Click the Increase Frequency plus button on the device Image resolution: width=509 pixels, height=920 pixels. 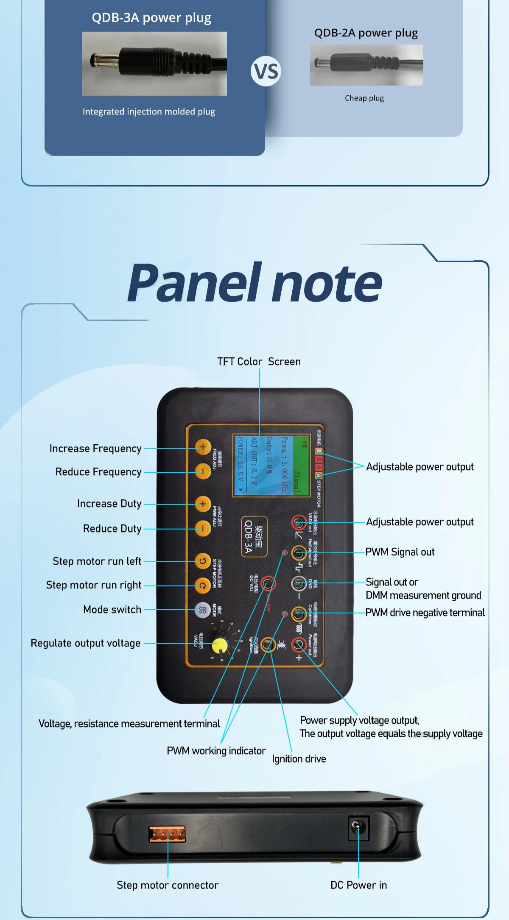203,447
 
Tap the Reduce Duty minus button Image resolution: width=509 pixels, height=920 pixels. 203,528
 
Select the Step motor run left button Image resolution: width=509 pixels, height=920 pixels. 203,561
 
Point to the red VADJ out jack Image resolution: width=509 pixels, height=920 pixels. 299,522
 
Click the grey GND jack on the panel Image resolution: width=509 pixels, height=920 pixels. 299,583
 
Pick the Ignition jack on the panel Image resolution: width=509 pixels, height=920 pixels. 268,644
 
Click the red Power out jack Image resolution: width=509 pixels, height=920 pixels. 299,644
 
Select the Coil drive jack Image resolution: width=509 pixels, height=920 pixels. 299,613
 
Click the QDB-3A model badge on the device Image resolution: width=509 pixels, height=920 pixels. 254,536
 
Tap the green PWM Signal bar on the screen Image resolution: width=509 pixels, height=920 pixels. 300,465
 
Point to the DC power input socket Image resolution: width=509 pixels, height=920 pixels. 358,826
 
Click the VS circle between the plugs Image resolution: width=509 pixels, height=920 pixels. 266,71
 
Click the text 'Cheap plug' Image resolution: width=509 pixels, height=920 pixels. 364,98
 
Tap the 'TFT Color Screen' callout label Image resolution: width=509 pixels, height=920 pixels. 259,362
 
